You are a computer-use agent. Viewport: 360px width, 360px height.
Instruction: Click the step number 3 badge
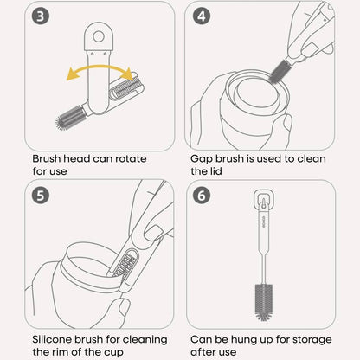click(x=41, y=16)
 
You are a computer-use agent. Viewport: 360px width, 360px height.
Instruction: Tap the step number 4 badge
click(x=202, y=16)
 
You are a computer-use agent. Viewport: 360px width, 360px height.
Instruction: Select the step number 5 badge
click(x=41, y=196)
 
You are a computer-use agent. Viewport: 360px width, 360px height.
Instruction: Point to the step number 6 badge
click(x=202, y=196)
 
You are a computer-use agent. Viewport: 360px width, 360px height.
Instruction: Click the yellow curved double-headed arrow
click(x=99, y=67)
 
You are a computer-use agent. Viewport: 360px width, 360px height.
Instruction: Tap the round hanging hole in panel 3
click(x=99, y=36)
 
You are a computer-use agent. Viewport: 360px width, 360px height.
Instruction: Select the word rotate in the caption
click(x=131, y=158)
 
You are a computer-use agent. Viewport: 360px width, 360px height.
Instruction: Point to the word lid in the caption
click(x=215, y=171)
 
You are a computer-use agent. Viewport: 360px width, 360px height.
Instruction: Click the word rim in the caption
click(x=56, y=352)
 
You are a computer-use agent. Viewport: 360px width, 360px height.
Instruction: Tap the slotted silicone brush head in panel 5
click(x=125, y=264)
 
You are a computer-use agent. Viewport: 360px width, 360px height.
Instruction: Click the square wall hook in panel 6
click(x=263, y=199)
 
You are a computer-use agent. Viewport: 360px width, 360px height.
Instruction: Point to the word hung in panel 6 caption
click(x=244, y=340)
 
